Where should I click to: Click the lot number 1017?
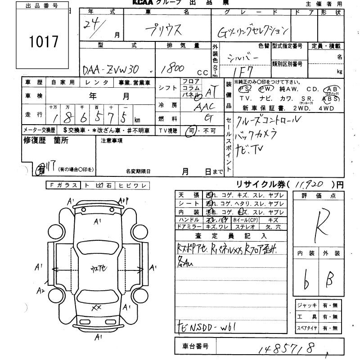click(44, 42)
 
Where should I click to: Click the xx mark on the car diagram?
click(95, 307)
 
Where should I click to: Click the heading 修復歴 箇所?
click(45, 140)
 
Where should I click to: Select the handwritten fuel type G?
click(208, 118)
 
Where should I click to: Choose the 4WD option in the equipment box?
click(325, 108)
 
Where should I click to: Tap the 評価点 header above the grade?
click(319, 196)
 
